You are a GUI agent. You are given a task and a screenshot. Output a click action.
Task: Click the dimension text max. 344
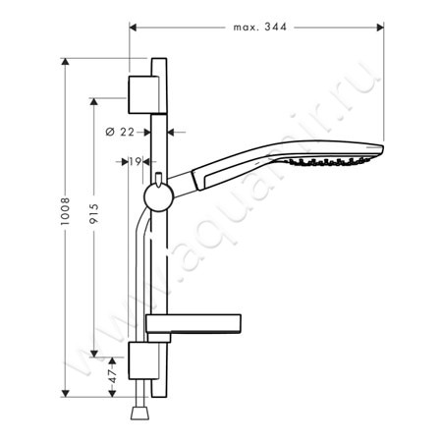260,27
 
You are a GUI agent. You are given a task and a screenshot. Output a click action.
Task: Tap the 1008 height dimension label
65,211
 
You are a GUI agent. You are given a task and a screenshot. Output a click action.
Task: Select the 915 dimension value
94,213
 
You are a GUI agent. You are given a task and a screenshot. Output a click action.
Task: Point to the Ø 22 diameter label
120,132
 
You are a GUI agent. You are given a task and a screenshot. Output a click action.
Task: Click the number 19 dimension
135,161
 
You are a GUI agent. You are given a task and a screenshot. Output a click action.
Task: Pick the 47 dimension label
113,376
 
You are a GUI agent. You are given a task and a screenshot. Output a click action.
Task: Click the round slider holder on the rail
159,197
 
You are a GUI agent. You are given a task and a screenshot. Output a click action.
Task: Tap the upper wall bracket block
143,95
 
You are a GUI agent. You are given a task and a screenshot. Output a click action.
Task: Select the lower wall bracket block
143,360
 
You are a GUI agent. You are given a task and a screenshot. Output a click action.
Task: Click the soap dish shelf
193,324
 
